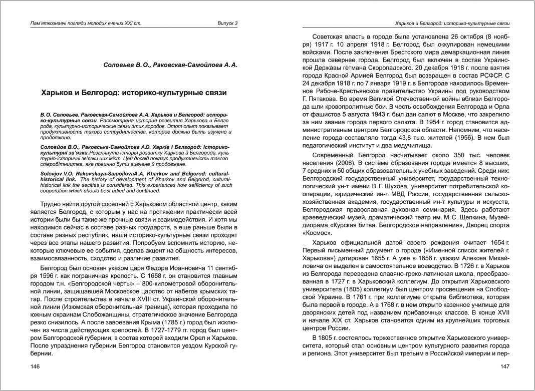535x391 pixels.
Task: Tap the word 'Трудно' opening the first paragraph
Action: coord(52,204)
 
